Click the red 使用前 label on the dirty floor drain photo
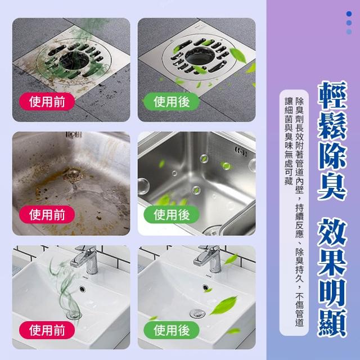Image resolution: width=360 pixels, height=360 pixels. (47, 102)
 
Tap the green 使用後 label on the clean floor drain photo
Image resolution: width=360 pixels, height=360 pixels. (172, 102)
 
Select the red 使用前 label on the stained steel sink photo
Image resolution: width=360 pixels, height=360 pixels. (47, 215)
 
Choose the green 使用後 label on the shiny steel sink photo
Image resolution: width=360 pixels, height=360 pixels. (172, 215)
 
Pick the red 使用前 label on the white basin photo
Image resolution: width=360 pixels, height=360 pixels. (47, 330)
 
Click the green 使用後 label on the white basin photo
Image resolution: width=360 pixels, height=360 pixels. (172, 330)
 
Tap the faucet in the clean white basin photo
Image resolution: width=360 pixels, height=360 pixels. (209, 259)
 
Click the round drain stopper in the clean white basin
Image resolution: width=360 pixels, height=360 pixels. (197, 313)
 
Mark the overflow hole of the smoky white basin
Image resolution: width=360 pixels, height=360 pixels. (82, 289)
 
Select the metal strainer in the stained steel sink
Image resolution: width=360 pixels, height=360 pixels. (73, 175)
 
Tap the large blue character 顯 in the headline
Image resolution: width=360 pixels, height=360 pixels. (332, 323)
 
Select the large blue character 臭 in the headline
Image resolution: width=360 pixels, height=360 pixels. (332, 186)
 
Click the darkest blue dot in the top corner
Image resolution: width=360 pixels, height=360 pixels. (349, 13)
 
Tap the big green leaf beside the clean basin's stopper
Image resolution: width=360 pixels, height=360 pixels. (223, 305)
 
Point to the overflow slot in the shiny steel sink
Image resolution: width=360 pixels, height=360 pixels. (241, 152)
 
